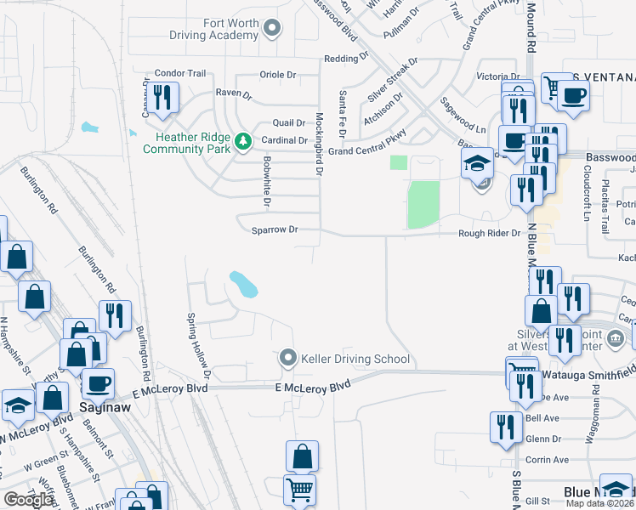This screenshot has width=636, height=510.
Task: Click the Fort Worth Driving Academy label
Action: [x=213, y=29]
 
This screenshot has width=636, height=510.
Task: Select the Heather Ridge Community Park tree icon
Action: [x=242, y=140]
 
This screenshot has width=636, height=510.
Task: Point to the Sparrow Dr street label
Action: [x=275, y=229]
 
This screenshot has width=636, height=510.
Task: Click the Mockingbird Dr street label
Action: [x=320, y=144]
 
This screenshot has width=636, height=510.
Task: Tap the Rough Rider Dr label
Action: [x=490, y=233]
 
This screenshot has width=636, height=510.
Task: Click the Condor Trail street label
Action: [x=181, y=73]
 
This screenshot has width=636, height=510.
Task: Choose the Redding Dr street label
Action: [x=345, y=59]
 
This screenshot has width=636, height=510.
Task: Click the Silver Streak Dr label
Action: [x=393, y=79]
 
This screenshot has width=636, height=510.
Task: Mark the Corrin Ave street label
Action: [x=548, y=459]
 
